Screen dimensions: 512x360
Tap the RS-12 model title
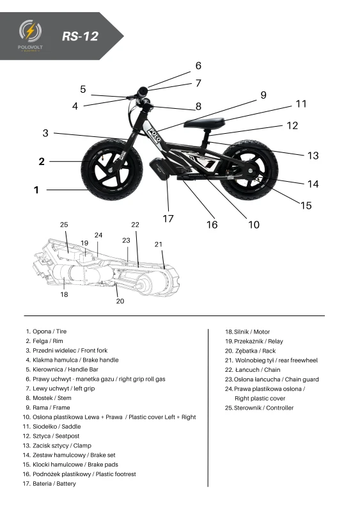coord(80,36)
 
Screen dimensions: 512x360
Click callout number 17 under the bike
coord(168,218)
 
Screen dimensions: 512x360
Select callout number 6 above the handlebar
coord(198,66)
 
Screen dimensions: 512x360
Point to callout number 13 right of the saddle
coord(313,156)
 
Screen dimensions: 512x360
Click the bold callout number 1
coord(37,190)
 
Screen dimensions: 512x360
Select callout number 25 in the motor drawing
coord(64,225)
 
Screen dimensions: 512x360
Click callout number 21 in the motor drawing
coord(159,244)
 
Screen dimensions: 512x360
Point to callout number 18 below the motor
coord(64,294)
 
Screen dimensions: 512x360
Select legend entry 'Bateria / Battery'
coord(51,484)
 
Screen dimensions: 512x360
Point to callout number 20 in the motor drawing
coord(120,301)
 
